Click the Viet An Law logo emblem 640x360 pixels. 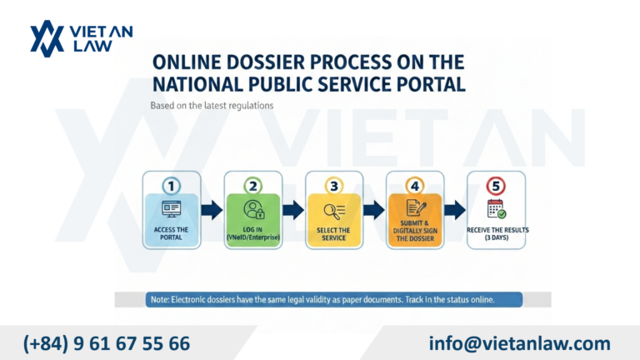pyautogui.click(x=47, y=38)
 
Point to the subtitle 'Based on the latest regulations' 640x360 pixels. pyautogui.click(x=212, y=106)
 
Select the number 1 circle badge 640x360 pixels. pyautogui.click(x=172, y=186)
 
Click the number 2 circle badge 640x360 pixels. pyautogui.click(x=253, y=186)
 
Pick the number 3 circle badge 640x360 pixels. pyautogui.click(x=334, y=186)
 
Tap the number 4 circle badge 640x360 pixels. pyautogui.click(x=415, y=186)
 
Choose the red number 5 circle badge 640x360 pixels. pyautogui.click(x=496, y=186)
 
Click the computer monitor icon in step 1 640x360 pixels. pyautogui.click(x=172, y=209)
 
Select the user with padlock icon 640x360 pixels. pyautogui.click(x=254, y=209)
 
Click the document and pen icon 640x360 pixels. pyautogui.click(x=416, y=208)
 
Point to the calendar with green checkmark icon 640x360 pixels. pyautogui.click(x=497, y=209)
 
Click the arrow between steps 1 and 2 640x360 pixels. pyautogui.click(x=212, y=210)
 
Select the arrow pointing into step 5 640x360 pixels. pyautogui.click(x=455, y=210)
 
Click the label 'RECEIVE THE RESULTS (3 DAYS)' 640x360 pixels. pyautogui.click(x=497, y=233)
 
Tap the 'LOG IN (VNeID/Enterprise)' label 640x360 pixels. pyautogui.click(x=253, y=233)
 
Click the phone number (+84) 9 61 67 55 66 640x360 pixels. pyautogui.click(x=107, y=343)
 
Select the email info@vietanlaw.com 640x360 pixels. pyautogui.click(x=520, y=343)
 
